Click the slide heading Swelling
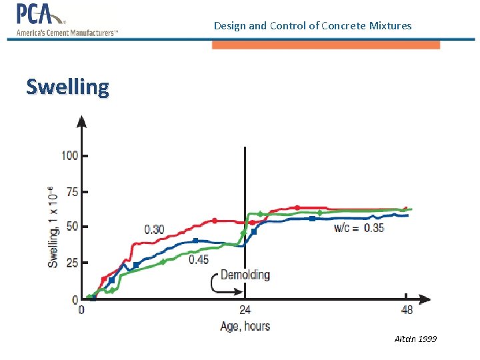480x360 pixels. point(67,87)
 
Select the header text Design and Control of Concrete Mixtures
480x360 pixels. point(313,26)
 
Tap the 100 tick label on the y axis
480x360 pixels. point(69,155)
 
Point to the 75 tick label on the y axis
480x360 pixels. point(72,191)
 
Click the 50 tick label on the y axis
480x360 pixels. point(72,227)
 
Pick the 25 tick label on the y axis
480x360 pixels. point(72,263)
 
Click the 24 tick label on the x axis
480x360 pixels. point(245,310)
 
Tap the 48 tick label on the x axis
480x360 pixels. point(406,310)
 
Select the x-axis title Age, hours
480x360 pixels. point(245,326)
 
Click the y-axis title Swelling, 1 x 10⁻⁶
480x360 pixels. point(53,227)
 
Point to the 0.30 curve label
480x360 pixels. point(154,229)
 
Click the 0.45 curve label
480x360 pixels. point(198,259)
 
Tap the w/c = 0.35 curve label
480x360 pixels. point(359,228)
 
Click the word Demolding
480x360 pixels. point(245,275)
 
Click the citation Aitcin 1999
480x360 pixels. point(415,339)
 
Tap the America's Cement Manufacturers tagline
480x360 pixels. point(67,33)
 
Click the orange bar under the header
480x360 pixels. point(325,45)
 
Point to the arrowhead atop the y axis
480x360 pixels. point(82,121)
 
